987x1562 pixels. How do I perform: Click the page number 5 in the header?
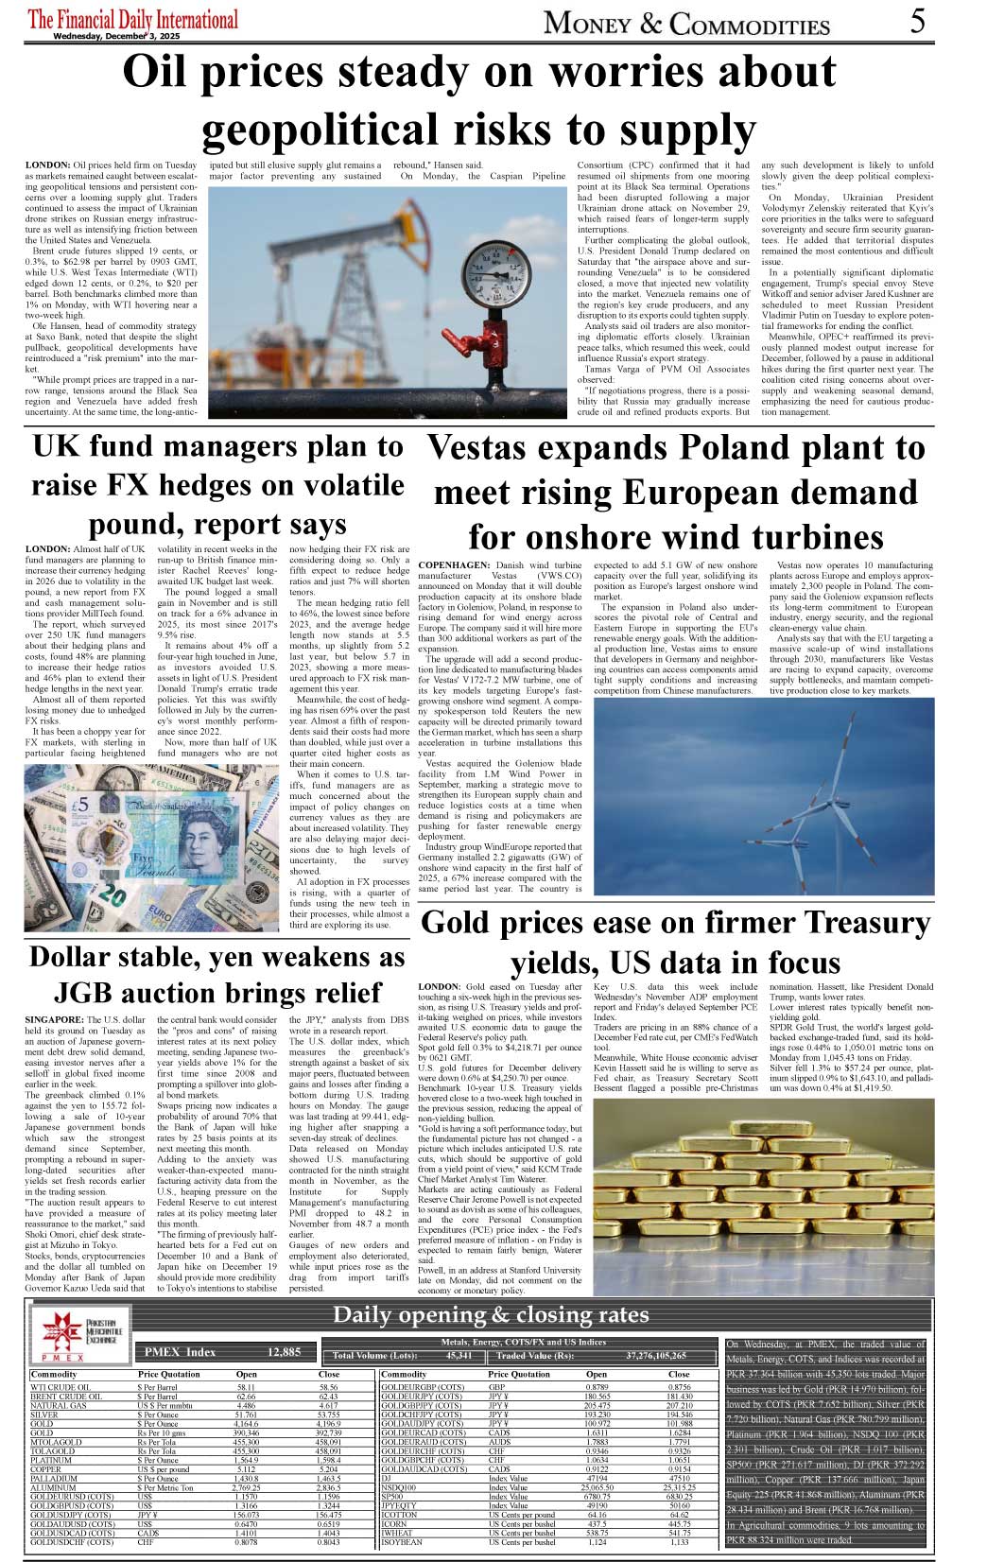pyautogui.click(x=917, y=21)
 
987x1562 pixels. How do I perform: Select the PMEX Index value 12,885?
pyautogui.click(x=284, y=1352)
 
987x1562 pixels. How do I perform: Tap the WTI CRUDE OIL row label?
pyautogui.click(x=61, y=1387)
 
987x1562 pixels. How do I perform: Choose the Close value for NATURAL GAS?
pyautogui.click(x=328, y=1406)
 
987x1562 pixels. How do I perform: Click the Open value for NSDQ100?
pyautogui.click(x=597, y=1487)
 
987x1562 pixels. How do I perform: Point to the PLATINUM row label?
pyautogui.click(x=51, y=1461)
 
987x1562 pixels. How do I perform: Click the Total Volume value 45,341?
pyautogui.click(x=459, y=1356)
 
